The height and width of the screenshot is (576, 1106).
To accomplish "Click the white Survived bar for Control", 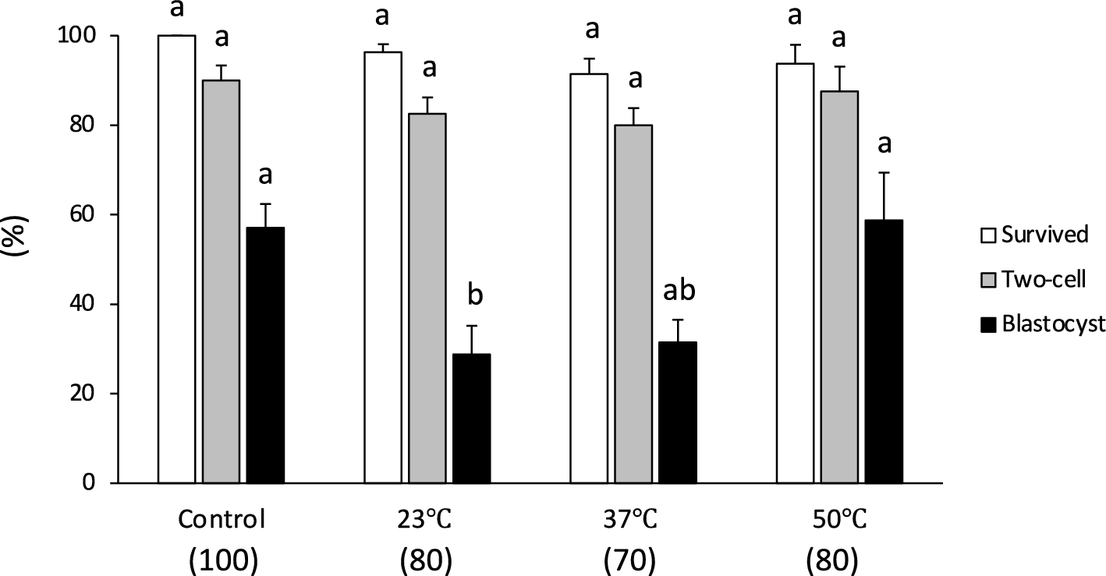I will pos(177,259).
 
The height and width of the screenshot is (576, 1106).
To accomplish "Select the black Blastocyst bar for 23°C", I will pos(472,418).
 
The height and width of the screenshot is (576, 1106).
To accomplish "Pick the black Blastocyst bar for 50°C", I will pos(884,351).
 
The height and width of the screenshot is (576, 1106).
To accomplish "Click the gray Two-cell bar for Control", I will pos(222,281).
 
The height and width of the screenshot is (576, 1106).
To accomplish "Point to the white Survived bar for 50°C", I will pos(795,273).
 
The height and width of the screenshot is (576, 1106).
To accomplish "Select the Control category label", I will pos(222,519).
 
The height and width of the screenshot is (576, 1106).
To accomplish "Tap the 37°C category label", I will pos(633,519).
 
